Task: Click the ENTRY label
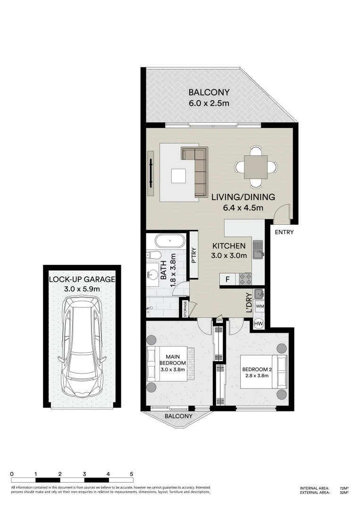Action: point(284,232)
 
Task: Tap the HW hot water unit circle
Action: point(259,323)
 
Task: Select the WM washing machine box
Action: point(260,306)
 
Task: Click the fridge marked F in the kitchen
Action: point(227,279)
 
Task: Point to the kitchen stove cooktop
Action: point(245,279)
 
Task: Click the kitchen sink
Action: point(258,250)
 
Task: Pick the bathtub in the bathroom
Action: point(169,241)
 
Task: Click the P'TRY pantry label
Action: point(194,255)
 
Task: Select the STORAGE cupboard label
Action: point(185,308)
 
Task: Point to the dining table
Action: point(256,167)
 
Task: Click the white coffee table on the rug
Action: point(179,177)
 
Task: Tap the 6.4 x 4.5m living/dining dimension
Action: point(243,207)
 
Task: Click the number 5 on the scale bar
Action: point(131,474)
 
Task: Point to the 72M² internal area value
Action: point(344,488)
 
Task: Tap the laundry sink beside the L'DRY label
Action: point(260,294)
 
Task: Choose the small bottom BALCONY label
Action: point(178,416)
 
